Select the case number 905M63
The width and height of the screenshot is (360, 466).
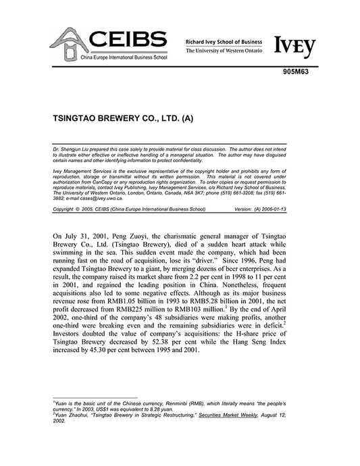tap(303, 76)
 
